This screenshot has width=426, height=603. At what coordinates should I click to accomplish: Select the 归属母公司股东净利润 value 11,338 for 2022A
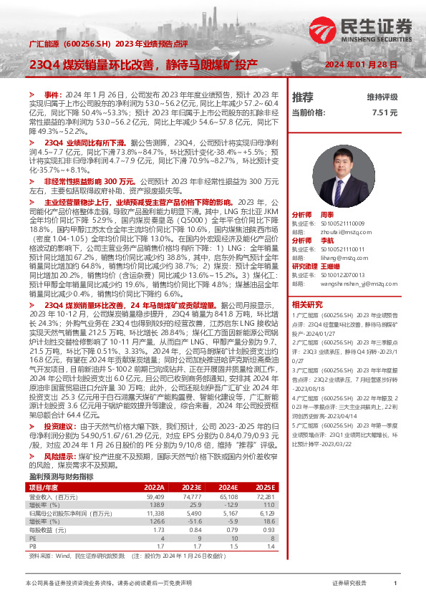pyautogui.click(x=155, y=493)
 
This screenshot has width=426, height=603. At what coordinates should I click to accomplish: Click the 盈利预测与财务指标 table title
pyautogui.click(x=61, y=457)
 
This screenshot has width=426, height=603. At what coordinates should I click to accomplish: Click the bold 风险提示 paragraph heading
pyautogui.click(x=58, y=435)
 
